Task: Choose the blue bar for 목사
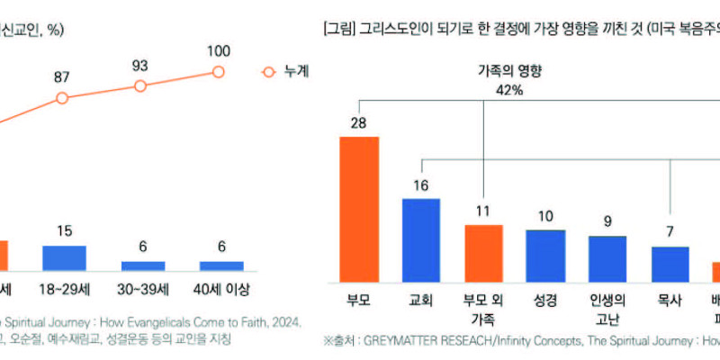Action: coord(670,263)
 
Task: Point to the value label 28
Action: coord(358,123)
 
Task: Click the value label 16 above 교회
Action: coord(420,185)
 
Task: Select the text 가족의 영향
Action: coord(483,69)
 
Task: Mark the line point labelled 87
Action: coord(62,97)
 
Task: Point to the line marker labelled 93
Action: coord(140,85)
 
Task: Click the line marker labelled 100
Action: coord(219,72)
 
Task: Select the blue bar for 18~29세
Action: coord(64,257)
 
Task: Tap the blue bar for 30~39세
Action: coord(142,266)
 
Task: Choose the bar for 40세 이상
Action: coord(220,266)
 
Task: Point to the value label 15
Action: coord(63,230)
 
